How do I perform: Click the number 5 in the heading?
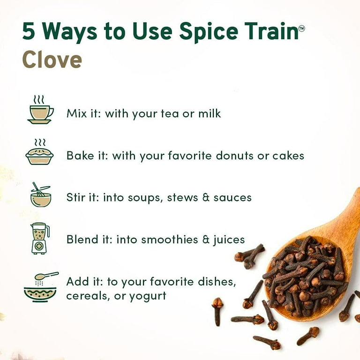pyautogui.click(x=29, y=31)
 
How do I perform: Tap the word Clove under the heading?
pyautogui.click(x=52, y=60)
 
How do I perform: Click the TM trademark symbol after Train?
pyautogui.click(x=301, y=28)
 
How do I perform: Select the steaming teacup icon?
pyautogui.click(x=40, y=110)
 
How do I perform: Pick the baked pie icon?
pyautogui.click(x=39, y=151)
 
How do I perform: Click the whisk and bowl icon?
pyautogui.click(x=41, y=195)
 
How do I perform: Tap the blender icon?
pyautogui.click(x=40, y=238)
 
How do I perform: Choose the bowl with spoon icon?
pyautogui.click(x=41, y=287)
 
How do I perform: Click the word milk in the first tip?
pyautogui.click(x=210, y=113)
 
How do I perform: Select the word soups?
pyautogui.click(x=145, y=198)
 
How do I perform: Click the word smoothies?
pyautogui.click(x=169, y=240)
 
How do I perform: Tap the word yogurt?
pyautogui.click(x=148, y=296)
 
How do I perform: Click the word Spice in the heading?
pyautogui.click(x=209, y=32)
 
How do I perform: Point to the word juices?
pyautogui.click(x=229, y=240)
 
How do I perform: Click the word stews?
pyautogui.click(x=182, y=198)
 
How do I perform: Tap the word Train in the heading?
pyautogui.click(x=271, y=31)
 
